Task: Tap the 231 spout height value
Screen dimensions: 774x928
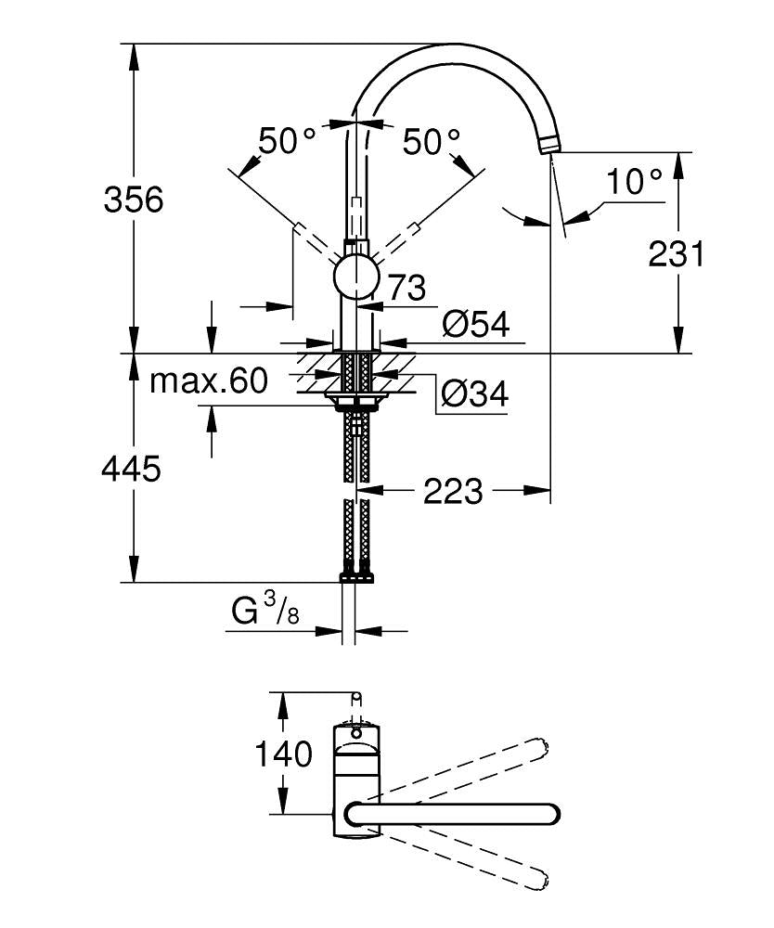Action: [x=677, y=253]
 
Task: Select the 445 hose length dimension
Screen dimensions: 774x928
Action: [x=131, y=469]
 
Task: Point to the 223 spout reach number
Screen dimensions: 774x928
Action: [x=453, y=491]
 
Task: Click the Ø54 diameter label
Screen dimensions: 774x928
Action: [x=476, y=324]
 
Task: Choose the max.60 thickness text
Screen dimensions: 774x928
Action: [x=209, y=380]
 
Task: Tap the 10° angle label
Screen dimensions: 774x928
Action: [x=636, y=181]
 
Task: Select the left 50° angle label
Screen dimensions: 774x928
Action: [x=287, y=141]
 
